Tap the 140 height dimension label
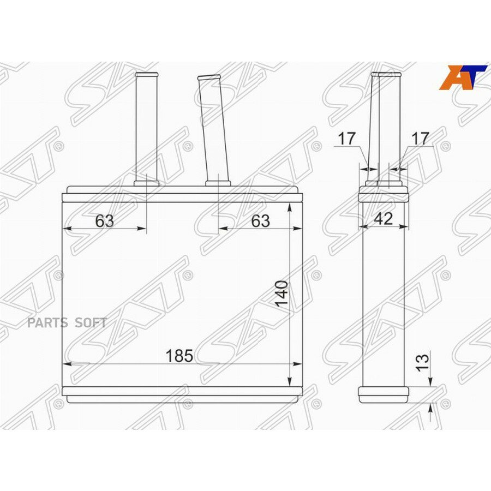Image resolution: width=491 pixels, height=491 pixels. coord(282,294)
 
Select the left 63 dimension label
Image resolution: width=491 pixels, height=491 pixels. coord(105,221)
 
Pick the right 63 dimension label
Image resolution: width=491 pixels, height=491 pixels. coord(261,221)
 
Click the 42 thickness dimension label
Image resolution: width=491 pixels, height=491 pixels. coord(384,218)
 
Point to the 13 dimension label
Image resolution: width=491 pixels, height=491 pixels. coord(422,363)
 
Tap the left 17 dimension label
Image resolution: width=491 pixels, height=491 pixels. coord(346,138)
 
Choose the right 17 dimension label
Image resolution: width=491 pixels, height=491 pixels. coord(420,138)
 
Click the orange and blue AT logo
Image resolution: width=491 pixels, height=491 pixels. coord(463,77)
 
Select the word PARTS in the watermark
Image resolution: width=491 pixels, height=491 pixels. coord(47,322)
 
